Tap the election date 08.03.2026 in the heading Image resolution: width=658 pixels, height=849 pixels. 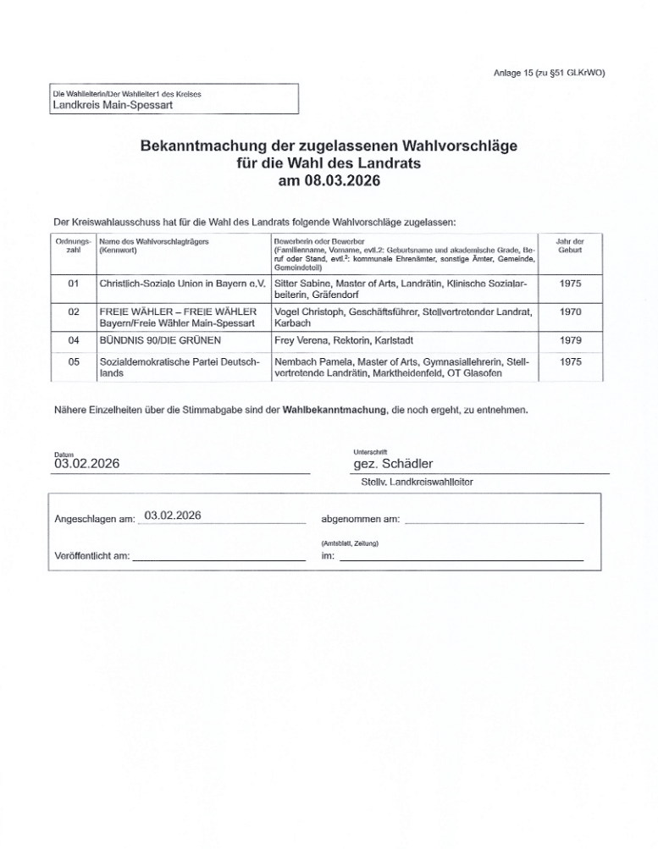click(x=329, y=180)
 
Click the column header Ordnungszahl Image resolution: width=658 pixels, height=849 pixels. click(x=73, y=246)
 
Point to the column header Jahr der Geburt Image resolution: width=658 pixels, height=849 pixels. click(x=569, y=246)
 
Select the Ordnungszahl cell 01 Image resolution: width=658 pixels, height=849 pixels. click(x=73, y=284)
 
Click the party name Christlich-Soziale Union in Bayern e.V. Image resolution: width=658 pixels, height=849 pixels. click(x=182, y=284)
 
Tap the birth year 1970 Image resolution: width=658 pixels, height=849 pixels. click(x=569, y=312)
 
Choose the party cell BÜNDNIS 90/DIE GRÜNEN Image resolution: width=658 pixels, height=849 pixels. click(x=160, y=340)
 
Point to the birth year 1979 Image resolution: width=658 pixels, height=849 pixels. click(x=569, y=340)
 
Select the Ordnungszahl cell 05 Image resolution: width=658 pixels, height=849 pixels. click(x=73, y=362)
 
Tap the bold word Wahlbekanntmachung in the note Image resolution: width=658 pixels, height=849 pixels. click(x=330, y=410)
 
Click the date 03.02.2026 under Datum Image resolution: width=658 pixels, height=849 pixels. click(x=87, y=463)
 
